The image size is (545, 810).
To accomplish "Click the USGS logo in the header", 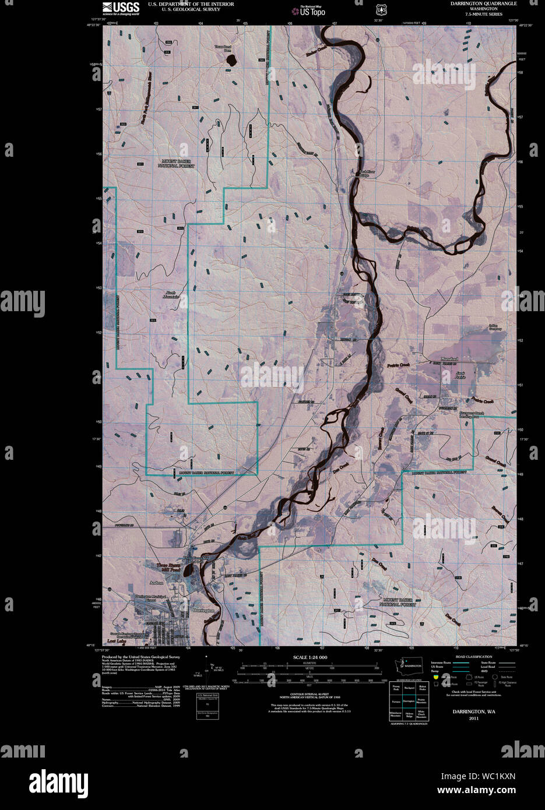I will (121, 8).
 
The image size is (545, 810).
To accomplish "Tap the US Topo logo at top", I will (308, 10).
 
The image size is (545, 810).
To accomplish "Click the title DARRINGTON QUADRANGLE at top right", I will (483, 3).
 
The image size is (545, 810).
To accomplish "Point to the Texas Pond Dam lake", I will (231, 60).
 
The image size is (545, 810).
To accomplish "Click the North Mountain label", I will (170, 294).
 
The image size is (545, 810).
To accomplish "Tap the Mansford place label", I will (449, 358).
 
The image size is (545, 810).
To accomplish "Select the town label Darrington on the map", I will (203, 610).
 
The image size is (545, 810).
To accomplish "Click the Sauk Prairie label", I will (462, 374).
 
